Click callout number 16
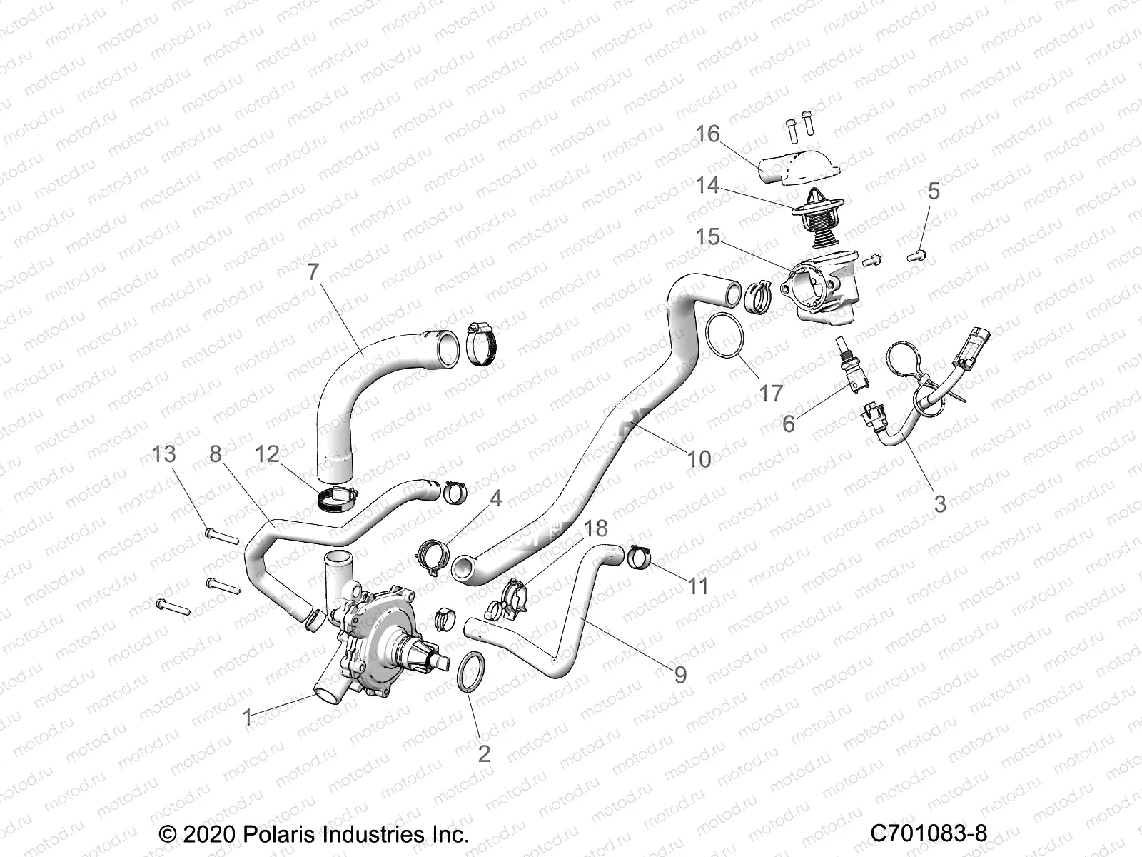(x=708, y=134)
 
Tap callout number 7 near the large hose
(x=312, y=272)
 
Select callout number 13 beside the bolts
(x=164, y=453)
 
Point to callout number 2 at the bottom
(x=484, y=753)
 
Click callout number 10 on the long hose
(x=699, y=458)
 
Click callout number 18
(x=595, y=528)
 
